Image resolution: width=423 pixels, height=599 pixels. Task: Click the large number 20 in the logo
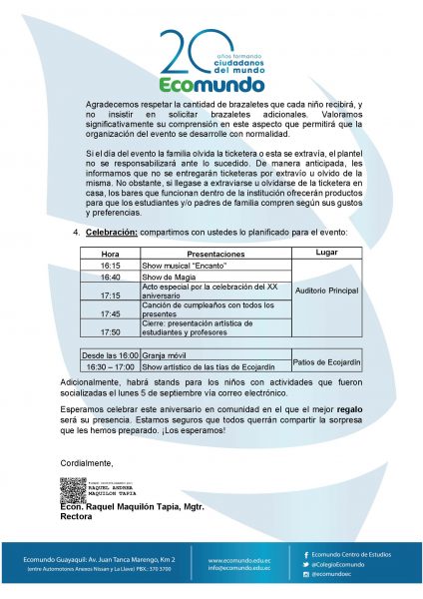pos(183,50)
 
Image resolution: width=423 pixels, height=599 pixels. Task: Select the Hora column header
pos(110,254)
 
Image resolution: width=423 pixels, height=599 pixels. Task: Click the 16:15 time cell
pos(110,267)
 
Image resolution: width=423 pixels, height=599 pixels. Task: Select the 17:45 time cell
pos(110,313)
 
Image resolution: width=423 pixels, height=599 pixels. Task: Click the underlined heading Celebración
pos(111,231)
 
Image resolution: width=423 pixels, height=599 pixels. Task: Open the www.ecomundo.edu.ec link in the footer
pos(238,560)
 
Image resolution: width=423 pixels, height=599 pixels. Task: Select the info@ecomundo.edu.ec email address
pos(238,569)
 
